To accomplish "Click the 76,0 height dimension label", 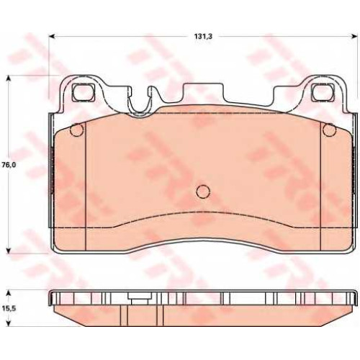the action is point(9,165).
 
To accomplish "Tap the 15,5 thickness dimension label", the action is point(9,309).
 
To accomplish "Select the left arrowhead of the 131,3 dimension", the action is point(52,37).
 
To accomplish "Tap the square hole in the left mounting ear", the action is point(83,92).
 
